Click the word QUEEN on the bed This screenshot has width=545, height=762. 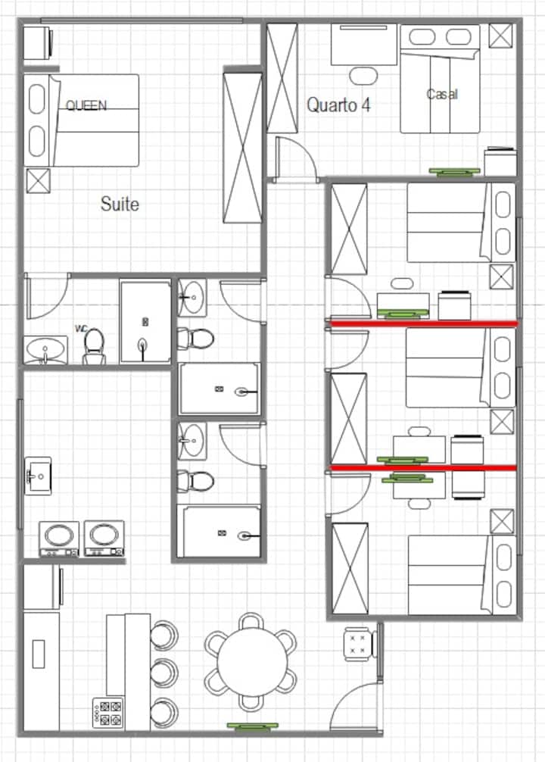[x=86, y=105]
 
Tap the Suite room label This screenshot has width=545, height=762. [x=120, y=204]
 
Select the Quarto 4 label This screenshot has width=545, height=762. [x=338, y=105]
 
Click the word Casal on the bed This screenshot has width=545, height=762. [x=442, y=94]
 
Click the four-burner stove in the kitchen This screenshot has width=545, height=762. [x=107, y=713]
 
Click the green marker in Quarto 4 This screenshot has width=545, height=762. [x=454, y=171]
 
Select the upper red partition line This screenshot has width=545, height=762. [x=424, y=323]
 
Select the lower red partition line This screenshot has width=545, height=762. [x=423, y=468]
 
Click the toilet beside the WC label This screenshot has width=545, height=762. [x=94, y=346]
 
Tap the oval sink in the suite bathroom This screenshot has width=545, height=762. [x=45, y=349]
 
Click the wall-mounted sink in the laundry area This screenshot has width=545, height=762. [x=38, y=475]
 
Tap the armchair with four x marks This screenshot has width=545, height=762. [x=359, y=645]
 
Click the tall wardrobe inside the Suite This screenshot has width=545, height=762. [x=242, y=148]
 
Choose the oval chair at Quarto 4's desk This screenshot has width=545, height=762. [x=363, y=75]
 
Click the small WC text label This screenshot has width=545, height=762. [x=80, y=329]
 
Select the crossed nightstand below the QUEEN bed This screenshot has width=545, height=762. [x=38, y=180]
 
